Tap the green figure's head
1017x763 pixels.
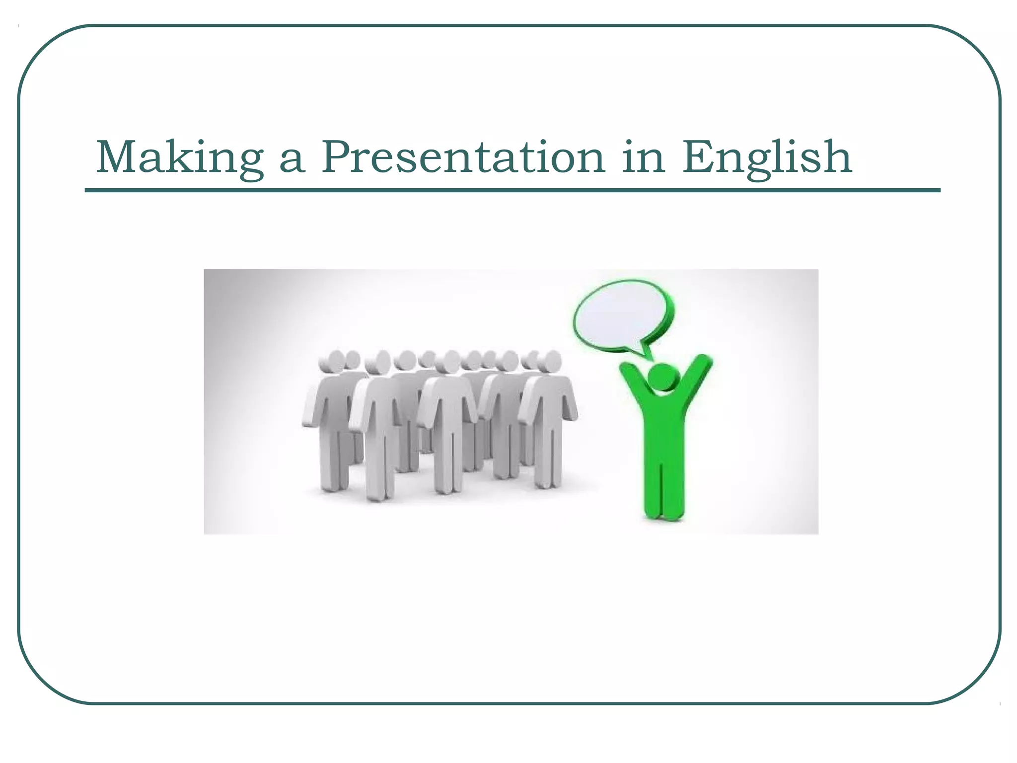[664, 378]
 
